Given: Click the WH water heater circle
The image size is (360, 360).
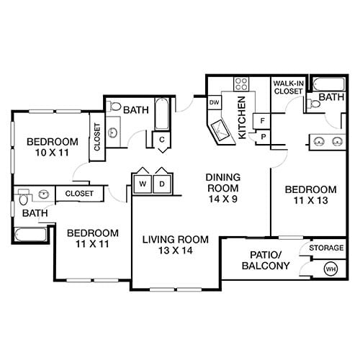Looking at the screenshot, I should (332, 269).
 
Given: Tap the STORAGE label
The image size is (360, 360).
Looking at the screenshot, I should (325, 248).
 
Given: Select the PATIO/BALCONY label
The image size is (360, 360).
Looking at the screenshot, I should (269, 261).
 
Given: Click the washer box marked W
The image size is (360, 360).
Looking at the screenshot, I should (143, 184).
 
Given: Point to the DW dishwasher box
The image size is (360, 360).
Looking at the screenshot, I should (214, 103).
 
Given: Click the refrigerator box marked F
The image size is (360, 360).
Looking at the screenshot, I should (264, 120).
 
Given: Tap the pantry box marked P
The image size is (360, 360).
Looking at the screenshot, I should (264, 136).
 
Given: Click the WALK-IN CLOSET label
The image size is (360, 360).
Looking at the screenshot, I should (287, 88).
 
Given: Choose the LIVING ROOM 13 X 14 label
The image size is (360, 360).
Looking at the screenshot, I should (175, 246).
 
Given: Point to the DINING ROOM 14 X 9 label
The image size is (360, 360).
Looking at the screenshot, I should (222, 183).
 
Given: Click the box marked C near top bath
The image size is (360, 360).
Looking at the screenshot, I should (163, 139).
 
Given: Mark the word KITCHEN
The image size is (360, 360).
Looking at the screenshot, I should (243, 117).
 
